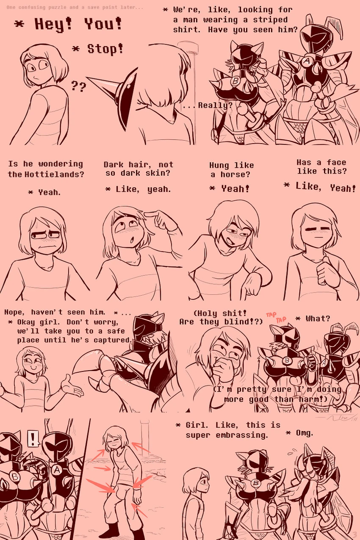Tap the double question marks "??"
click(x=78, y=86)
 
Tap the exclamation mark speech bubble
click(x=33, y=438)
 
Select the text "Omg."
click(x=304, y=432)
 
